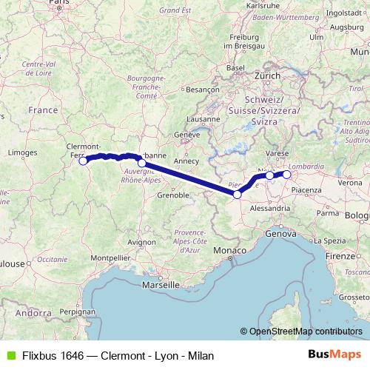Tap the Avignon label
click(141, 242)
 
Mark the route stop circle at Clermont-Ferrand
click(84, 160)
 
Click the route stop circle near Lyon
click(141, 163)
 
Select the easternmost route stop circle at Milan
click(286, 175)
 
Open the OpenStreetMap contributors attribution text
click(306, 332)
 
